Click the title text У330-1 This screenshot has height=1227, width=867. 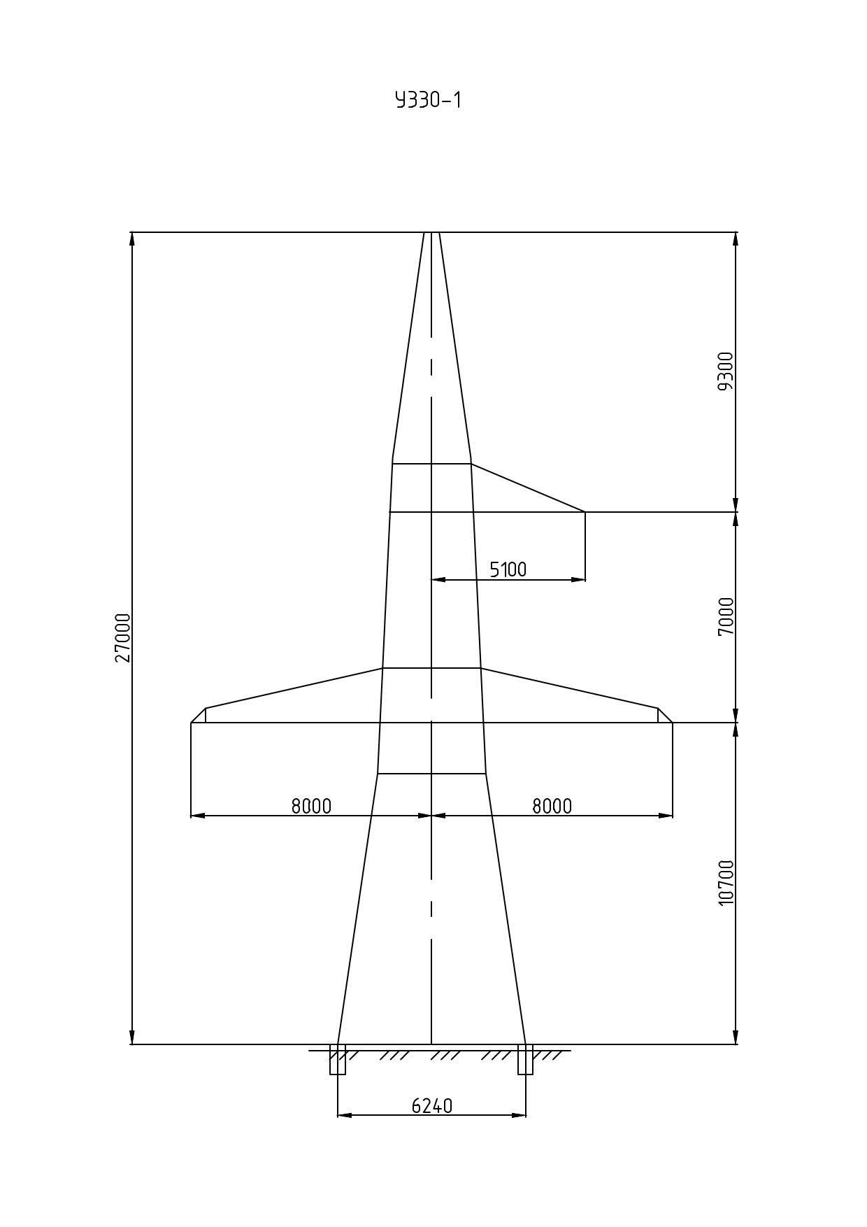[x=429, y=101]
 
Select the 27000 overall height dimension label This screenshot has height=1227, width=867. [x=123, y=637]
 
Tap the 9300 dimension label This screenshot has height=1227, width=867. [x=726, y=371]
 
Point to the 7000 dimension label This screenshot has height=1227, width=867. [x=726, y=616]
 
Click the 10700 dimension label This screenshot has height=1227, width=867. [x=726, y=882]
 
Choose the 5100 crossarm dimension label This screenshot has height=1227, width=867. [x=508, y=570]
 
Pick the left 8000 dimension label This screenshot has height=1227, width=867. [x=311, y=807]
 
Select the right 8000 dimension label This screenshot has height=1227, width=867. [x=552, y=807]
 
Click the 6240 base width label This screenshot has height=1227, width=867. [x=432, y=1106]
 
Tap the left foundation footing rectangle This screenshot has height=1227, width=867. [x=338, y=1059]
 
